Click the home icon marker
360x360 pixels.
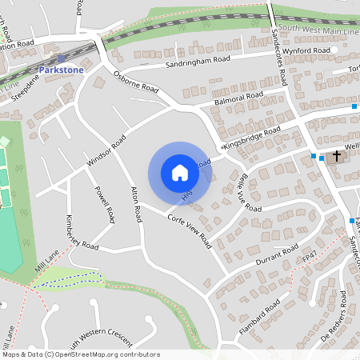[x=179, y=173]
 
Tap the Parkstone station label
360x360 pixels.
[x=61, y=70]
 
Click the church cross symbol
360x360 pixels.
[x=337, y=155]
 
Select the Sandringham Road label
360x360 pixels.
[x=198, y=61]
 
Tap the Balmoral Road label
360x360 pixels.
[x=238, y=100]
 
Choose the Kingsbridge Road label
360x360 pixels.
[x=252, y=138]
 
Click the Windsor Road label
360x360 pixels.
[x=106, y=150]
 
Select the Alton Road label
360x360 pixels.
[x=137, y=203]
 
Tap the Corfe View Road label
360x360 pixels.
[x=189, y=228]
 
